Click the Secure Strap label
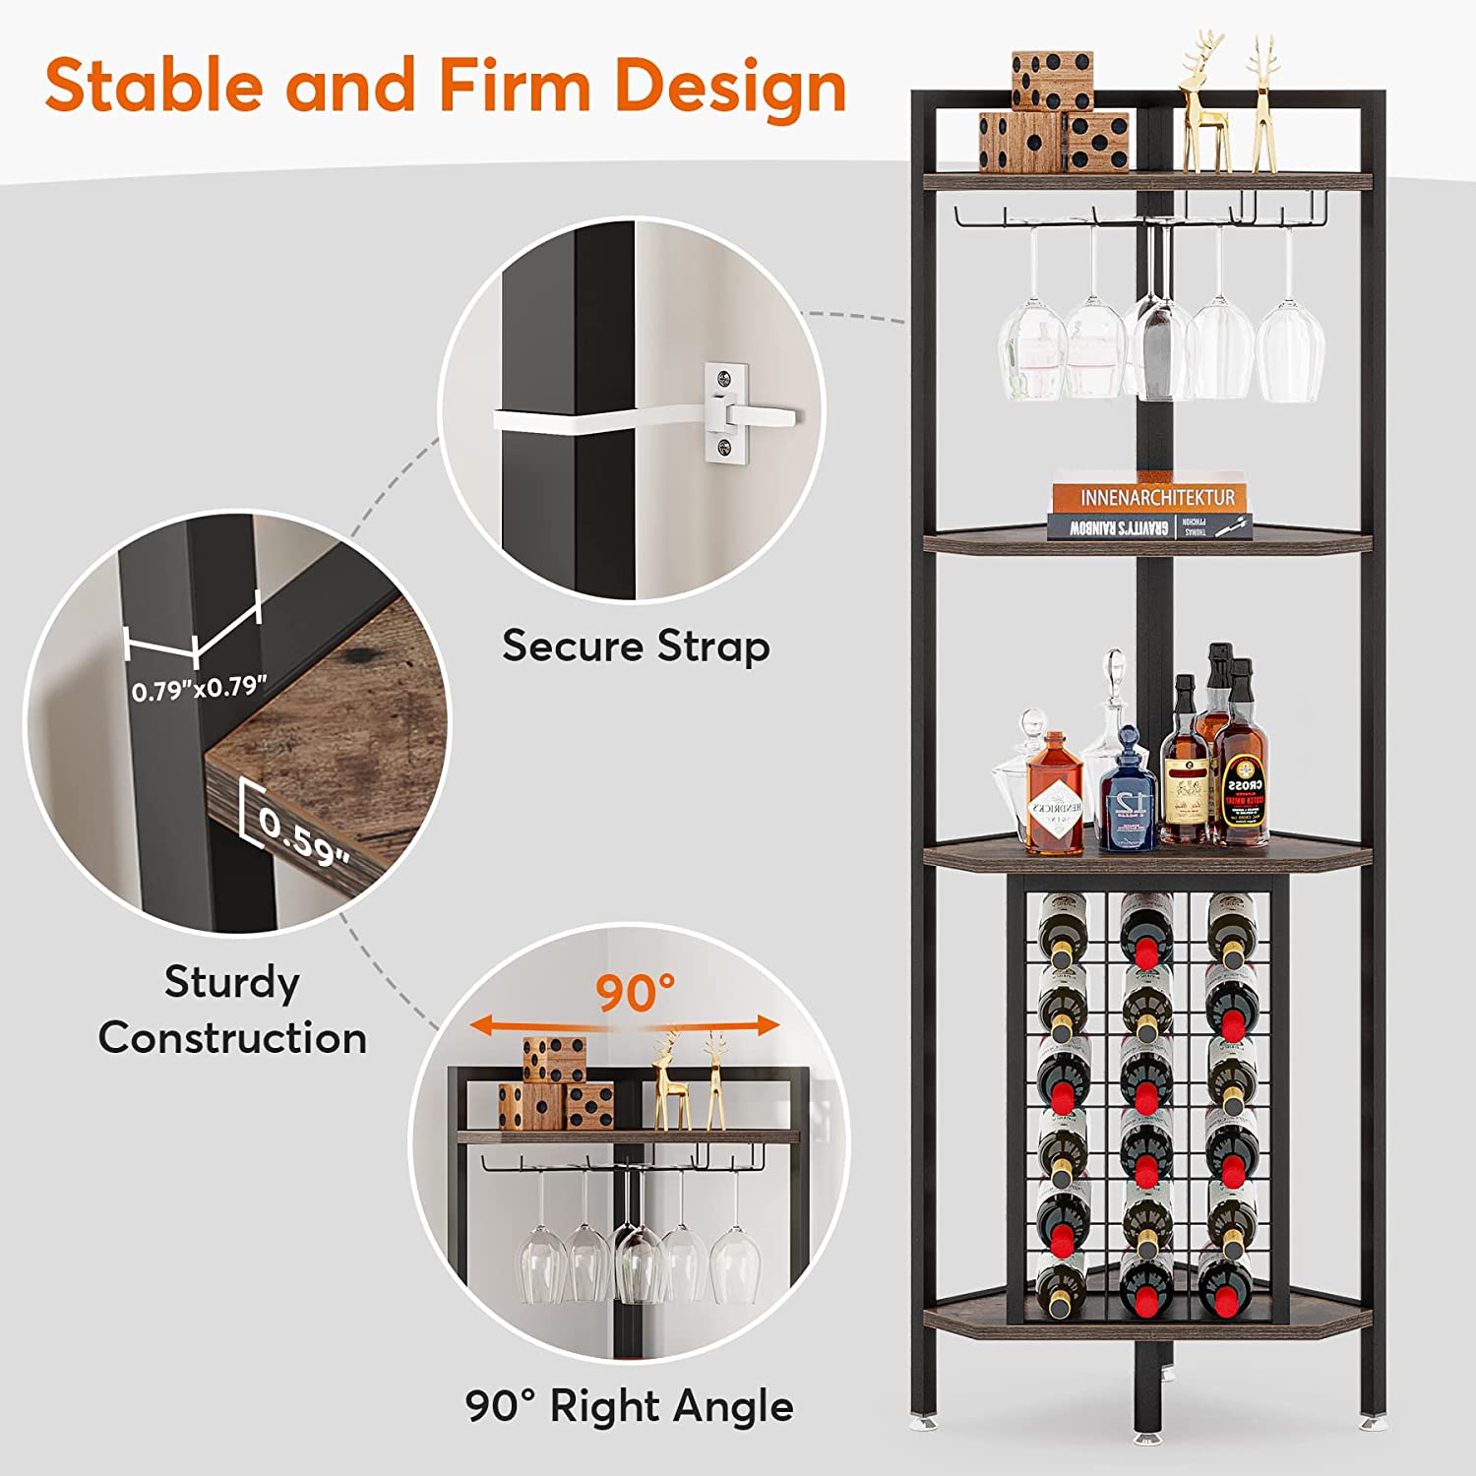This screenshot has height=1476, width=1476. click(x=636, y=646)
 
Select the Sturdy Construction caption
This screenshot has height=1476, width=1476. click(x=232, y=1010)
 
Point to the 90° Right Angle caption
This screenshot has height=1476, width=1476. click(x=629, y=1406)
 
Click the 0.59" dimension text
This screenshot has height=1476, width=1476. click(x=305, y=837)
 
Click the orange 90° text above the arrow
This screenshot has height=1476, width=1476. click(x=635, y=993)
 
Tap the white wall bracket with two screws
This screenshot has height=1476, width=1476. click(x=726, y=411)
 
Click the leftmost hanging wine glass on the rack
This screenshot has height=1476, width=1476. click(x=1032, y=344)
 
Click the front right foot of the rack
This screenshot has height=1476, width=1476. click(x=1370, y=1419)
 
